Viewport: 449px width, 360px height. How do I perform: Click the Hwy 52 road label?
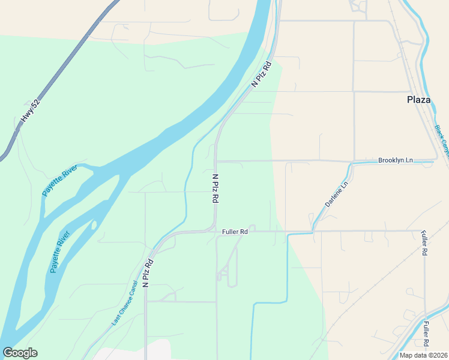tap(29, 110)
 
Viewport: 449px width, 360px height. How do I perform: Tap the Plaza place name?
tap(419, 100)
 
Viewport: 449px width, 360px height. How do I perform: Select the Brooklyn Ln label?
tap(396, 160)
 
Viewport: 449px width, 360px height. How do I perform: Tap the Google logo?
tap(20, 353)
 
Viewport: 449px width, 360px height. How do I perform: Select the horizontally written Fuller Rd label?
tap(235, 231)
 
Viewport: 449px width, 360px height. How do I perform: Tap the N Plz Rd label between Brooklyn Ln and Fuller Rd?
tap(214, 188)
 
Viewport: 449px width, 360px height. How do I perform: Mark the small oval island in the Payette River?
tap(94, 225)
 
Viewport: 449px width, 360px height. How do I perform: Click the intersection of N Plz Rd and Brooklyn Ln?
tap(216, 161)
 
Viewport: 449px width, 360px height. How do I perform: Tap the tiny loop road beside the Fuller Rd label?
tap(253, 228)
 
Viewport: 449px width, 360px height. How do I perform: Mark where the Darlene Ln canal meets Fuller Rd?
tap(312, 230)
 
